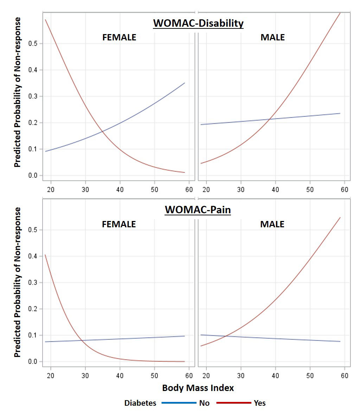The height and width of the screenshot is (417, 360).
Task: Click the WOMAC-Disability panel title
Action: point(198,23)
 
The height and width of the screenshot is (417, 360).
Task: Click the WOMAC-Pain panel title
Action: point(198,210)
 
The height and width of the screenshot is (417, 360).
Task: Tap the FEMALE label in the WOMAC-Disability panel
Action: point(119,38)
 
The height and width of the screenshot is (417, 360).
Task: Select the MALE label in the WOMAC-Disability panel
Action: point(272,38)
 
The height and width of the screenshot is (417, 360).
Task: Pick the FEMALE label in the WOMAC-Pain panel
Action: point(119,224)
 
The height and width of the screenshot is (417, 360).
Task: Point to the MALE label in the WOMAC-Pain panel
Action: point(272,224)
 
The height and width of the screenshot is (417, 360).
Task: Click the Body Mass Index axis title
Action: point(198,388)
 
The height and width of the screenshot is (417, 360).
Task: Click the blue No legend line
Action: point(179,403)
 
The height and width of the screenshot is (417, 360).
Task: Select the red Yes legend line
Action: point(233,403)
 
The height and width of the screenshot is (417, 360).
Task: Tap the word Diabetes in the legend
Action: point(140,403)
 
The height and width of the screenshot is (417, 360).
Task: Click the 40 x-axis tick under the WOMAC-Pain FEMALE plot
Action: point(120,376)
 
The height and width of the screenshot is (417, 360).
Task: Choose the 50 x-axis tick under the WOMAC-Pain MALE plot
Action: point(310,376)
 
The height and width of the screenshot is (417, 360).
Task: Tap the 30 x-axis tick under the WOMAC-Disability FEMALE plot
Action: point(85,189)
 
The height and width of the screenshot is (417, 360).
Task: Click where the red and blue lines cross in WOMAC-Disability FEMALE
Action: point(102,131)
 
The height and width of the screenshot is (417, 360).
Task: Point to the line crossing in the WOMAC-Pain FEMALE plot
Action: point(83,340)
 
